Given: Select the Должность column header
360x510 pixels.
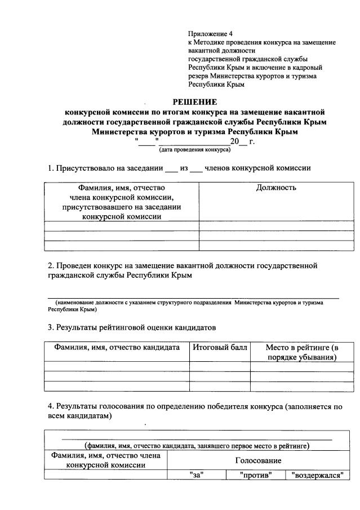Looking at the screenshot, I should [x=276, y=188].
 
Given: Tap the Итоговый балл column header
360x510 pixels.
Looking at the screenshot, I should [x=220, y=348].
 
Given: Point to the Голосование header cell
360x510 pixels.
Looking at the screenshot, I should [x=259, y=460].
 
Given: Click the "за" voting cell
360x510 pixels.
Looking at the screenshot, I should [x=197, y=475].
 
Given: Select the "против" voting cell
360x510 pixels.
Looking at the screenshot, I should [x=256, y=475].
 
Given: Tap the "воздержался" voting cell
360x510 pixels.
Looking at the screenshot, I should [x=317, y=475].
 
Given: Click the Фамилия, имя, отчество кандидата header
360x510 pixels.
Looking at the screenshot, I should [x=117, y=348].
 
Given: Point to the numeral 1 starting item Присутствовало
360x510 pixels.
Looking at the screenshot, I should [x=50, y=168].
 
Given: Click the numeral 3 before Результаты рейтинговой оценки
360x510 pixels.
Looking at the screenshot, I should [x=50, y=327].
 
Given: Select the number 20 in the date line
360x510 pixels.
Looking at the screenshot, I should [x=235, y=141].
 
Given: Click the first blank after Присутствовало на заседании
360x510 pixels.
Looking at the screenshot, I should [x=171, y=168].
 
